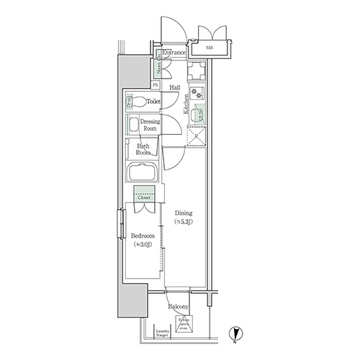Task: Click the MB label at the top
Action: point(210,48)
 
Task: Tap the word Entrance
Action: point(174,53)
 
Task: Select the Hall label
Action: point(174,89)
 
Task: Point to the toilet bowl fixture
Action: point(137,102)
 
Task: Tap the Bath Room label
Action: point(143,149)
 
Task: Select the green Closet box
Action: point(145,194)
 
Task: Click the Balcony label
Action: point(179,306)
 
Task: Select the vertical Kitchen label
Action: point(185,104)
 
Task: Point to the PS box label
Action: point(156,85)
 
